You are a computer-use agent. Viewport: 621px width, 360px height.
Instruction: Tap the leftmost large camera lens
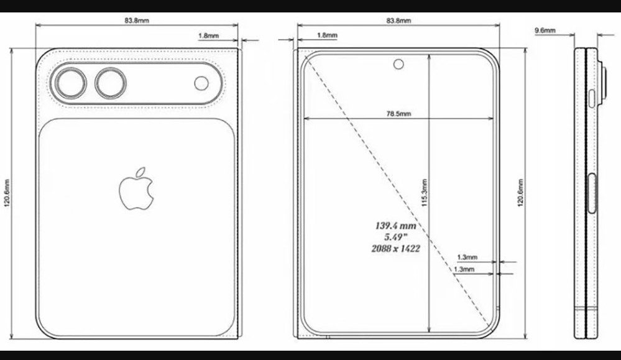[x=70, y=83]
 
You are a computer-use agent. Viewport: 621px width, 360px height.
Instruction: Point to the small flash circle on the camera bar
[x=201, y=83]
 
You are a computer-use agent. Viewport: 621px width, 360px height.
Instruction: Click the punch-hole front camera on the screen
[x=397, y=62]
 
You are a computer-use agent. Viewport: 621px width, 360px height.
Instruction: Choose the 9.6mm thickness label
[x=544, y=30]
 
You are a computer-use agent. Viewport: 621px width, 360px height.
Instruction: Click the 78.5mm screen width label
[x=398, y=114]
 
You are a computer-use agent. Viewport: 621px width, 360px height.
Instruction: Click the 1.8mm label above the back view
[x=208, y=36]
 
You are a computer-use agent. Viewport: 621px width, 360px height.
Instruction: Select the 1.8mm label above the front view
[x=327, y=35]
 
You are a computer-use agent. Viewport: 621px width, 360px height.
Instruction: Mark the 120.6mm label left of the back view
[x=7, y=195]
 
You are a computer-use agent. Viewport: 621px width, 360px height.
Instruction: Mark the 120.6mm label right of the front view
[x=520, y=195]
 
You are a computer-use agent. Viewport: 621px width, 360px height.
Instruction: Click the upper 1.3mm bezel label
[x=466, y=257]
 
